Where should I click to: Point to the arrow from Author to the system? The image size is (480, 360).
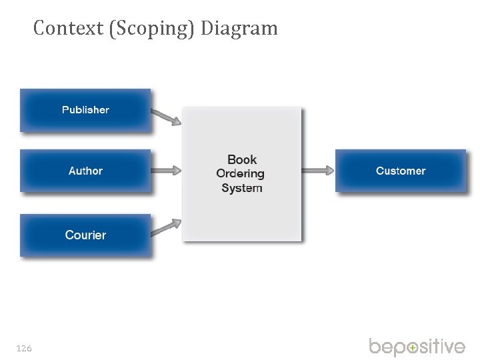click(x=166, y=171)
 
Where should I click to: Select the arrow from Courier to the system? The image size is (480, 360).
click(x=166, y=227)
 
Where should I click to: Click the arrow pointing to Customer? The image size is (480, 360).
click(x=317, y=171)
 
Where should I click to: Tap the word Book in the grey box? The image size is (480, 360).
click(x=242, y=159)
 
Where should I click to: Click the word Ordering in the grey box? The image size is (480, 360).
click(x=241, y=173)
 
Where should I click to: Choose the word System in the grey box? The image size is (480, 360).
click(x=242, y=188)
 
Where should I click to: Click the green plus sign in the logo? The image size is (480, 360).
click(x=413, y=348)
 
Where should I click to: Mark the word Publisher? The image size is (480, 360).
click(x=85, y=110)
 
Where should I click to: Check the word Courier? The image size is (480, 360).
click(x=85, y=235)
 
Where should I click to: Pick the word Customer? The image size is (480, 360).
click(x=401, y=171)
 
